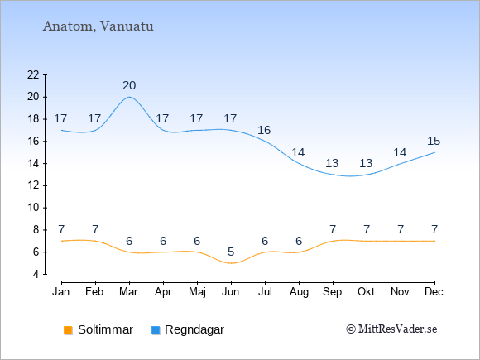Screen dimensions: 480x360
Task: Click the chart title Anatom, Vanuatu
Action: [98, 26]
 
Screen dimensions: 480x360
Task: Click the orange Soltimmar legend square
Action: [68, 330]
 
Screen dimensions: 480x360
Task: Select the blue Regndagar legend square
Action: [156, 330]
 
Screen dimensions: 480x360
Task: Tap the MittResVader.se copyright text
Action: [391, 329]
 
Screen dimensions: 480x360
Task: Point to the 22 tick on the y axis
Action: [33, 74]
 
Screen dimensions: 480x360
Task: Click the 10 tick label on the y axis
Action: [33, 208]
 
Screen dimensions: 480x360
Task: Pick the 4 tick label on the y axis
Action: [36, 274]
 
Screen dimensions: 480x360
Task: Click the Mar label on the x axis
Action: [128, 292]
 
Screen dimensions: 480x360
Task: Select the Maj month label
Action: [197, 292]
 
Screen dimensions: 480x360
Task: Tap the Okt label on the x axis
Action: [366, 292]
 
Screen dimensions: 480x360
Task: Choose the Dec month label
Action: [434, 292]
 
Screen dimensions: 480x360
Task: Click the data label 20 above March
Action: [129, 86]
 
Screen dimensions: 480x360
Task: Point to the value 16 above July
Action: [264, 131]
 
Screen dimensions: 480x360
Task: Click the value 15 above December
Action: [434, 142]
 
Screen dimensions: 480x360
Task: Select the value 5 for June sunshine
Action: [231, 252]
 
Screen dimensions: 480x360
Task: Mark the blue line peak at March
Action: [129, 97]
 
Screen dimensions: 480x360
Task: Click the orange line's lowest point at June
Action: [231, 263]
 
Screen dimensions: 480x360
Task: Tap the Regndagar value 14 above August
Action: [298, 152]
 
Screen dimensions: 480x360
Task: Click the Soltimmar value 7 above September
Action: [333, 229]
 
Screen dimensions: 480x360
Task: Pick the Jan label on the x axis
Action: [61, 292]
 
